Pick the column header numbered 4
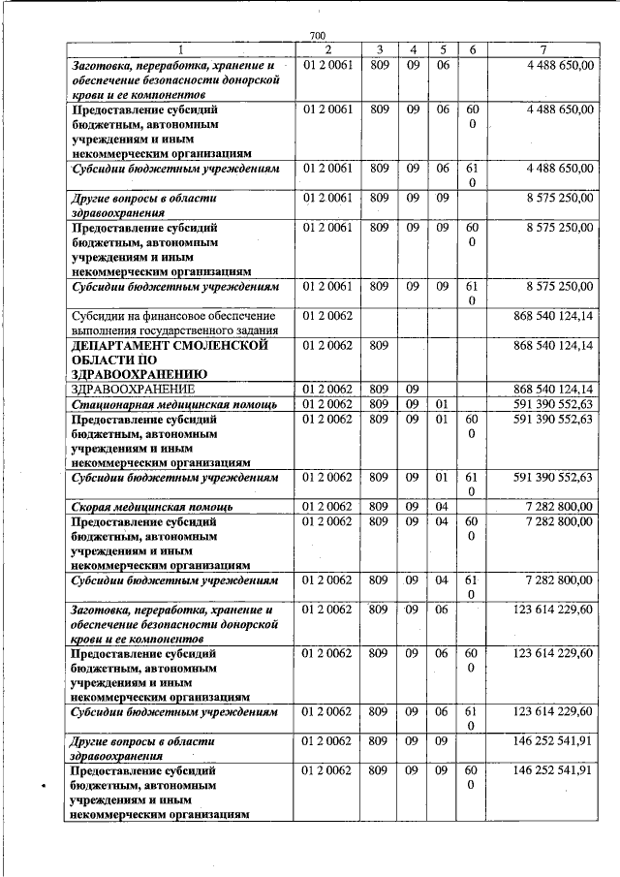coord(413,49)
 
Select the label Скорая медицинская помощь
coord(152,506)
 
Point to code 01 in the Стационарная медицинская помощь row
coord(442,403)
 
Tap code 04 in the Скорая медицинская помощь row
coord(442,506)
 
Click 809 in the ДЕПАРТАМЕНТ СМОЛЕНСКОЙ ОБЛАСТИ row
coord(380,345)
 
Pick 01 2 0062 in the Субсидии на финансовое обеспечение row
coord(326,316)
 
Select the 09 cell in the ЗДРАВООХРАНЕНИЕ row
coord(413,389)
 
